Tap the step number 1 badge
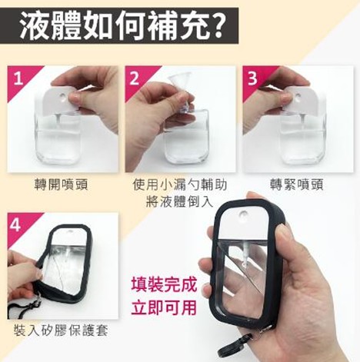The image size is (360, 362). coord(18,78)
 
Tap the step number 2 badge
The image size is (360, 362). coord(136,78)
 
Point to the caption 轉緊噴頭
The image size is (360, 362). coord(297,185)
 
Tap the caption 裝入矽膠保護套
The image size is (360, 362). coord(62,330)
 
